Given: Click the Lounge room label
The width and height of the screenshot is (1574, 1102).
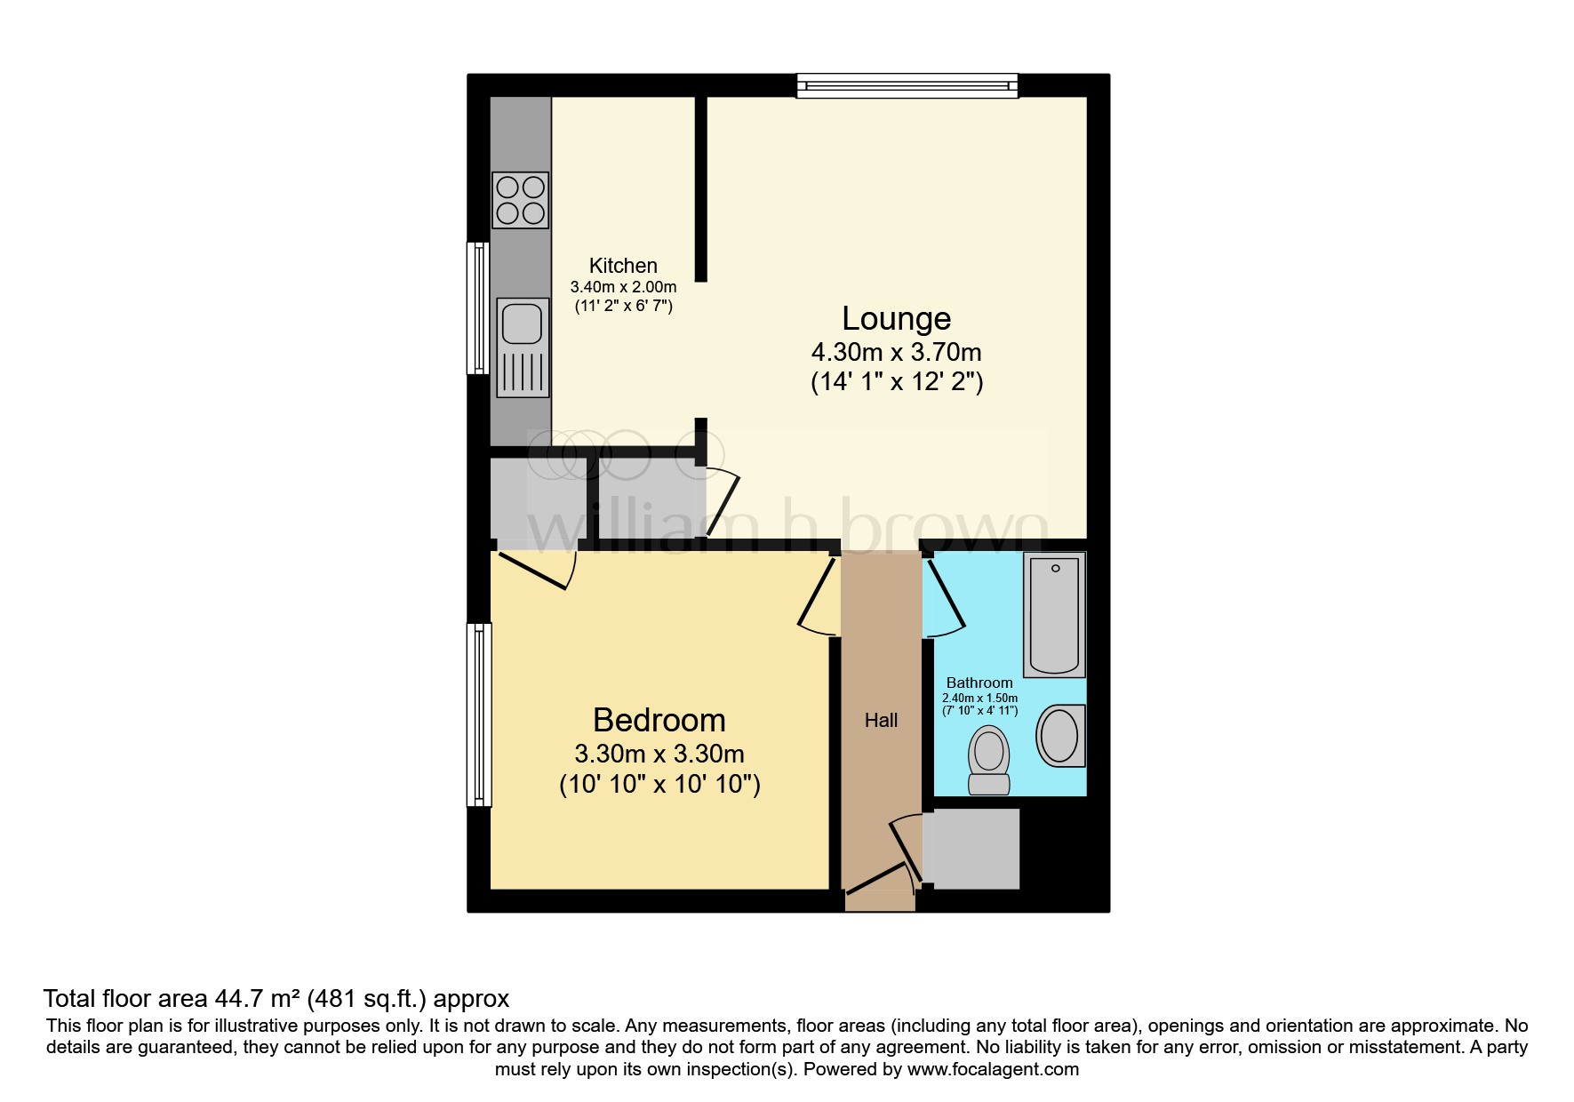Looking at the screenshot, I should [x=896, y=318].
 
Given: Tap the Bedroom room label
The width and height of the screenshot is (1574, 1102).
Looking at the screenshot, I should [x=659, y=720].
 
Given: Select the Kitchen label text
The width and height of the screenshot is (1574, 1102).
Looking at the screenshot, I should [x=623, y=266].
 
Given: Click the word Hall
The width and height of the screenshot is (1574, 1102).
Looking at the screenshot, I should [x=881, y=721].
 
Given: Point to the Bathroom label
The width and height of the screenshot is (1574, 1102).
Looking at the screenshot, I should [x=979, y=683].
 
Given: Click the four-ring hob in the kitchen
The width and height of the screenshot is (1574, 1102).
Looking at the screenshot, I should [x=520, y=200].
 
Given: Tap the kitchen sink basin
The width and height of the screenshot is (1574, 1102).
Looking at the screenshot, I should [x=522, y=323].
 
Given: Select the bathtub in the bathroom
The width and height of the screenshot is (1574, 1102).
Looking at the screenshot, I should [x=1054, y=615].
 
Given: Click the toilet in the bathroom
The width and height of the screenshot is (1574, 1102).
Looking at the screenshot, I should [x=988, y=759].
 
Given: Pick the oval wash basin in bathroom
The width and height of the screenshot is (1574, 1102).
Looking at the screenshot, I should [x=1059, y=736].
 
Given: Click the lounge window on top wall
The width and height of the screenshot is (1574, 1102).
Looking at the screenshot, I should [x=907, y=85].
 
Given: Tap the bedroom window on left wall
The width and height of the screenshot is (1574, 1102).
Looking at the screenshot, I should [x=479, y=715].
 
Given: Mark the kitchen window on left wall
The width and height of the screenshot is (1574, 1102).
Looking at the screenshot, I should [x=479, y=307].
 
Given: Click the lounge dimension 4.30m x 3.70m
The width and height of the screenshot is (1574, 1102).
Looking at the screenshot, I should [x=896, y=352].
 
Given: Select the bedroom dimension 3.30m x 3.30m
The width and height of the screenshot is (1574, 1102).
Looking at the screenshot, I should [x=659, y=754].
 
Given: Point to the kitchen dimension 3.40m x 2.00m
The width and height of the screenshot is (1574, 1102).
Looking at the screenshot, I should [x=623, y=287].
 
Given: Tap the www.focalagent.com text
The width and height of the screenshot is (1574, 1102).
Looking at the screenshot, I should [x=992, y=1069].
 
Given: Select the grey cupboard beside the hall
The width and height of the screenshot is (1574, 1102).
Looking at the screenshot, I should [x=972, y=849].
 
